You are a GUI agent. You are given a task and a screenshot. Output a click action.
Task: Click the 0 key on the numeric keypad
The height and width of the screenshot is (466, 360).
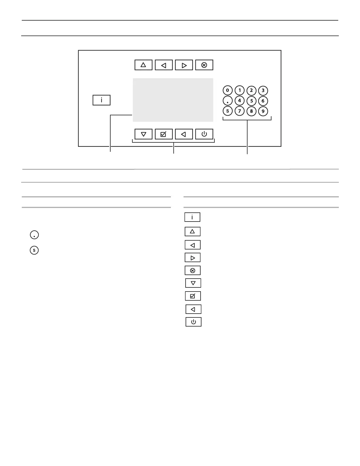228,90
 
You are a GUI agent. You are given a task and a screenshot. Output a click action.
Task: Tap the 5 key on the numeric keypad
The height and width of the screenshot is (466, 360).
251,101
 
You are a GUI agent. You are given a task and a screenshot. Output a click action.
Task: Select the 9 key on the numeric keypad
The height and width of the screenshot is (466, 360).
263,111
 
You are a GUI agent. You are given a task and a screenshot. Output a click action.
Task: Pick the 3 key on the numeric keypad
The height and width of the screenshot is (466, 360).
263,90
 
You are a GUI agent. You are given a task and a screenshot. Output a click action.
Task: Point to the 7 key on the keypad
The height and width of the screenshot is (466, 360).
240,111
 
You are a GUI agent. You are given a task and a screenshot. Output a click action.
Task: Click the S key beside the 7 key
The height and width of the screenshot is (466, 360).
228,111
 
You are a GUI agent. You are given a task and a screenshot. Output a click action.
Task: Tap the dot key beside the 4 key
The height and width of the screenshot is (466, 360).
228,101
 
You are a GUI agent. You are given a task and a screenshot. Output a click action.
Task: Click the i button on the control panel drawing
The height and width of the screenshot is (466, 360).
101,100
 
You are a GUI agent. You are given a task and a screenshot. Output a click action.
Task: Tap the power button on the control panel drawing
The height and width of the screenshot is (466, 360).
204,134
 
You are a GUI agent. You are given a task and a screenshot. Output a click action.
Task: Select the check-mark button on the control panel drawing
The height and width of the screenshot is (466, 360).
164,134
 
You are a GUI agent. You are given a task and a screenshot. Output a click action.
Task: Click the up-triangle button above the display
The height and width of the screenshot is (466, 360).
144,65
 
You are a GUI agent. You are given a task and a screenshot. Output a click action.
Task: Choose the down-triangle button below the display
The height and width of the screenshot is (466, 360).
144,134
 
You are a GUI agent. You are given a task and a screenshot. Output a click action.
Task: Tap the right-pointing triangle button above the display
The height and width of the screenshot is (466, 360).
184,65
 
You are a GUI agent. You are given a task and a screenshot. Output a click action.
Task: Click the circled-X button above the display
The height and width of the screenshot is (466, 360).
204,65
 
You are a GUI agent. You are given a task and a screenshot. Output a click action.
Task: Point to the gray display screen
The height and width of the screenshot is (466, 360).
173,100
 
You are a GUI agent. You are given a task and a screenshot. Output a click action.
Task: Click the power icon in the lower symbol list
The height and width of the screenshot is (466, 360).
193,322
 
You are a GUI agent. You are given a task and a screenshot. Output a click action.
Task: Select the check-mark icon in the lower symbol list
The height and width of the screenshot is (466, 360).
193,296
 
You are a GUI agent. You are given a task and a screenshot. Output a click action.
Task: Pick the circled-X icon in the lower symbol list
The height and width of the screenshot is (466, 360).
193,270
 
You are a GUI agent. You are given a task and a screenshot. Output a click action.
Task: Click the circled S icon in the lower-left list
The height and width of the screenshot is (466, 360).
34,250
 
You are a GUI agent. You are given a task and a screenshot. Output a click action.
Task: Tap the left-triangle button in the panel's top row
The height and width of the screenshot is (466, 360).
164,65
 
